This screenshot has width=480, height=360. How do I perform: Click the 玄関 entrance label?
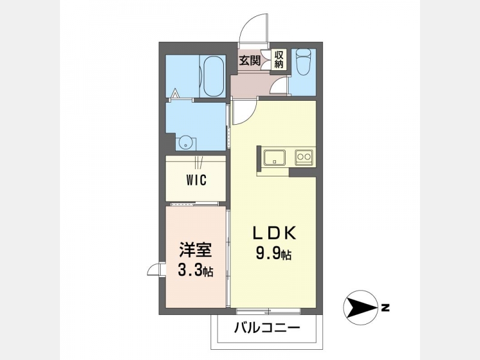point(250,61)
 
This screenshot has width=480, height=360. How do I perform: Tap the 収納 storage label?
point(279,59)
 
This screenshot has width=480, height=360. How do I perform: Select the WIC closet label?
point(196,180)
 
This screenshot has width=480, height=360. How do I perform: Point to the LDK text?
point(274,233)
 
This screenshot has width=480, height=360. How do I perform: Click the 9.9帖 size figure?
point(274,254)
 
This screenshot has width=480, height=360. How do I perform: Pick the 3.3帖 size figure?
point(196,270)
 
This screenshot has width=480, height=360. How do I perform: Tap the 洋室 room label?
point(196,250)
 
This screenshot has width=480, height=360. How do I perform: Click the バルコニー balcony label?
point(267,328)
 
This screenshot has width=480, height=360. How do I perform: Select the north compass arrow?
point(361,307)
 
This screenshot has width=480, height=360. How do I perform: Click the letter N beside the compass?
point(385,307)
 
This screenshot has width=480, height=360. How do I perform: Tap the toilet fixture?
point(304,62)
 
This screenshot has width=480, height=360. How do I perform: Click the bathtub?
point(213,76)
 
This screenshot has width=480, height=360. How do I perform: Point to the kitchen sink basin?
point(275,157)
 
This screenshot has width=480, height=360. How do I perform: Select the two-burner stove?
point(304,157)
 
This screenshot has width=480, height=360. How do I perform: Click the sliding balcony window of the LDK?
point(269,311)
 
